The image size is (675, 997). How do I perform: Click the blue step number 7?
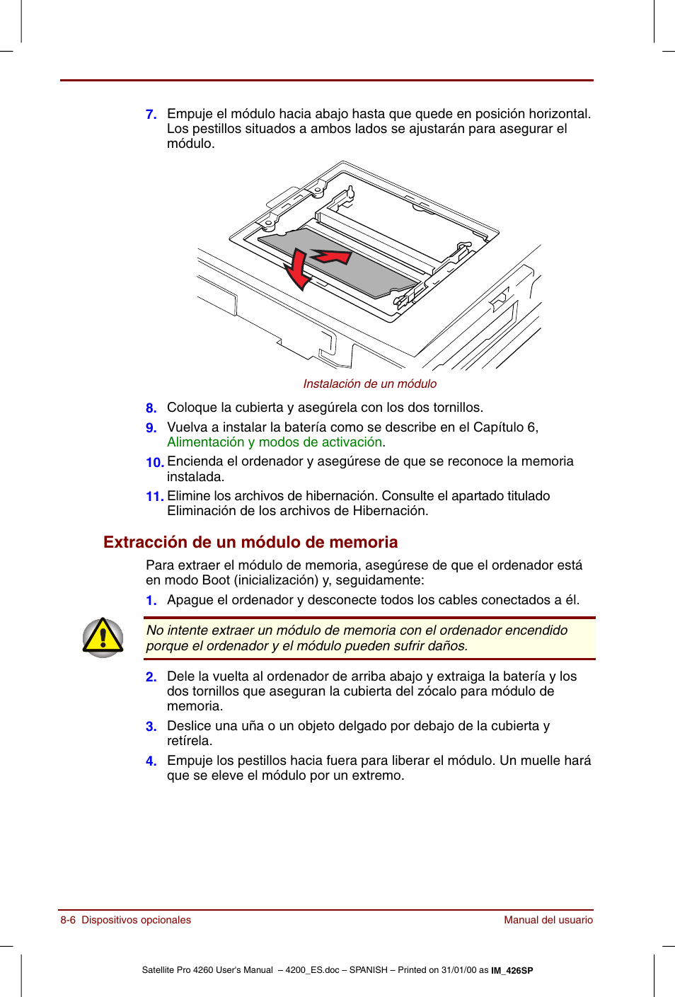click(151, 115)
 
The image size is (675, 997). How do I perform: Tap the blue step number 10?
click(154, 462)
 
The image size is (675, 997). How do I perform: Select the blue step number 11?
click(154, 497)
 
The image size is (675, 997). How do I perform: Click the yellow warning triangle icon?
click(103, 637)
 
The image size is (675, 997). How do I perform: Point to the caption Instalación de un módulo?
click(369, 384)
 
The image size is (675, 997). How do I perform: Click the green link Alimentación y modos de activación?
click(275, 442)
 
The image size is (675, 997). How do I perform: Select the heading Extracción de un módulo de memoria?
click(250, 542)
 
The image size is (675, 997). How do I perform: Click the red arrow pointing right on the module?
click(333, 256)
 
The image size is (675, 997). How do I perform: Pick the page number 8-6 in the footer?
click(68, 920)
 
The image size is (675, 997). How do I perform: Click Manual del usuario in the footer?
click(548, 920)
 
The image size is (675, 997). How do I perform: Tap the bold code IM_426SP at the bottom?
click(512, 971)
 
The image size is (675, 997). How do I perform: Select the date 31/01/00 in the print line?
click(459, 970)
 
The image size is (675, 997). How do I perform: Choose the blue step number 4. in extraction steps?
click(151, 761)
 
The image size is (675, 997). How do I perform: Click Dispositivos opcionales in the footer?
click(136, 920)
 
